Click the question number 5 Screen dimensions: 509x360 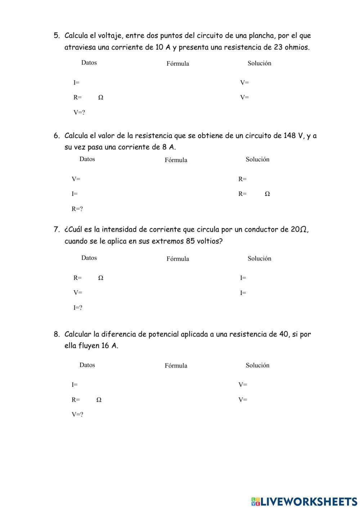[56, 35]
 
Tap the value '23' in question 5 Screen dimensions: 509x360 [278, 47]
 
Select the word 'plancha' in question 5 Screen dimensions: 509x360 [261, 35]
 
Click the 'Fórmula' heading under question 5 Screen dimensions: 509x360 [177, 63]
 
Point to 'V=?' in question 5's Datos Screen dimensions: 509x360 [79, 112]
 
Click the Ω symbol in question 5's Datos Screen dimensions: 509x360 [101, 97]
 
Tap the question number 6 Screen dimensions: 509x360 [56, 136]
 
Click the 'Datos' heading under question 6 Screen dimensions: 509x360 [87, 159]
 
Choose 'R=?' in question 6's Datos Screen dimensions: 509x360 [77, 209]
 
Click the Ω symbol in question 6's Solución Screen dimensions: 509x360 [267, 194]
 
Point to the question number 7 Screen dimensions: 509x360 [56, 229]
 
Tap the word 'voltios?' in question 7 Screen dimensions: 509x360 [210, 241]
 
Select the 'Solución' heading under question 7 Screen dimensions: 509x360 [259, 258]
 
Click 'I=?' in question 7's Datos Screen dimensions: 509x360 [78, 308]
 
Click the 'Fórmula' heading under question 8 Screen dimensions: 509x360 [176, 366]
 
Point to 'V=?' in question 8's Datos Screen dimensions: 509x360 [77, 414]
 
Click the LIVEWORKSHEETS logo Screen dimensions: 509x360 [304, 501]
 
